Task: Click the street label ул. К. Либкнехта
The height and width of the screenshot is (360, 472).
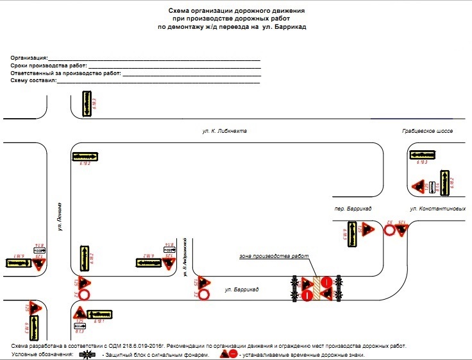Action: pos(224,131)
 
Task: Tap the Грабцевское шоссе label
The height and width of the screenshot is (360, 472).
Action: pos(427,131)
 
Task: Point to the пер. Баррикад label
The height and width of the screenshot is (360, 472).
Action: pos(354,209)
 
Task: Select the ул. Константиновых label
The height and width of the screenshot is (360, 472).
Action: pos(437,209)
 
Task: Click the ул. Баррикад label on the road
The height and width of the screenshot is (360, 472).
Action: pos(242,291)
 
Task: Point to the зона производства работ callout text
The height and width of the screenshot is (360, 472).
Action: pos(274,257)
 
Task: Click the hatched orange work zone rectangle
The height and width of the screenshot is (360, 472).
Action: pos(316,288)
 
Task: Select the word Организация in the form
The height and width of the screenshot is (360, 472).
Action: pos(29,58)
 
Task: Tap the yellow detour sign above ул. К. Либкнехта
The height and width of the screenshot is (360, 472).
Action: pos(85,103)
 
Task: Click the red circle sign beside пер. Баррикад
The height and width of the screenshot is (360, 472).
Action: pos(389,230)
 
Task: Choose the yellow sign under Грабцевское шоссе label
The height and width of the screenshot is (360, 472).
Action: pos(422,155)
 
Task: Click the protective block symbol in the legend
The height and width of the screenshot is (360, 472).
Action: pos(88,354)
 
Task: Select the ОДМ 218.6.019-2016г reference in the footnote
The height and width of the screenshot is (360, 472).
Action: pos(144,346)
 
